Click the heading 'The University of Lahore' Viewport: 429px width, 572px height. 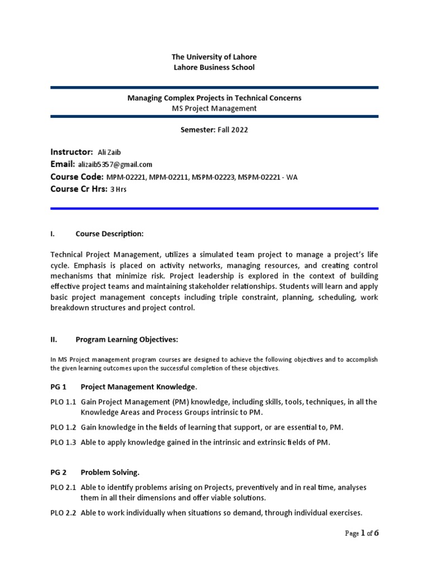pyautogui.click(x=214, y=57)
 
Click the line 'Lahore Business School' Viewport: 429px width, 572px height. pyautogui.click(x=214, y=67)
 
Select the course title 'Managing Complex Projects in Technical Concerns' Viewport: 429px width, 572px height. pyautogui.click(x=214, y=98)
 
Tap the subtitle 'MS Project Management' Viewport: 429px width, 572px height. pyautogui.click(x=214, y=108)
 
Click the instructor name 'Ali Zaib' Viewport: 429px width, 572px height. pyautogui.click(x=109, y=152)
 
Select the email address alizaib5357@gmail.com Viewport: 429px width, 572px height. pyautogui.click(x=116, y=165)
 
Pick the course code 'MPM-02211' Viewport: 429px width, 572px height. pyautogui.click(x=167, y=177)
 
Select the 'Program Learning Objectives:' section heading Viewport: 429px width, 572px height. pyautogui.click(x=127, y=339)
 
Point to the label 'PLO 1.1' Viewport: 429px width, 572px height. pyautogui.click(x=64, y=402)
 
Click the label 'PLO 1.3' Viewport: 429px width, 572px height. pyautogui.click(x=64, y=442)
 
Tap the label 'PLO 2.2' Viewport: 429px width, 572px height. pyautogui.click(x=64, y=512)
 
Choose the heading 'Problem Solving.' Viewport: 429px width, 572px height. pyautogui.click(x=110, y=472)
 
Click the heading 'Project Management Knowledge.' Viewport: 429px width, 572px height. pyautogui.click(x=139, y=387)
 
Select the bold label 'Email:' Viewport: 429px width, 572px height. pyautogui.click(x=63, y=164)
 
